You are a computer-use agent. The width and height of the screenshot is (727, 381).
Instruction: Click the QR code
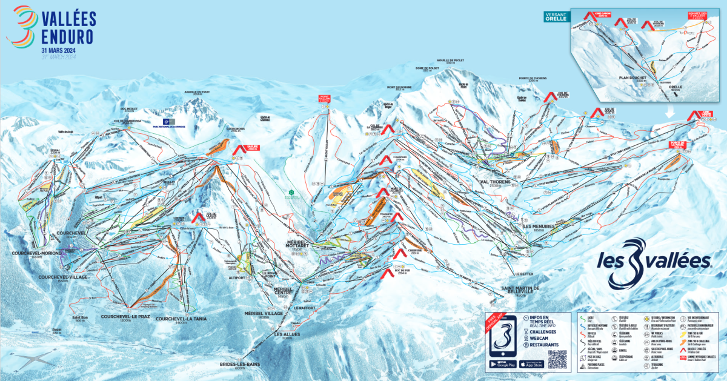pos(557,359)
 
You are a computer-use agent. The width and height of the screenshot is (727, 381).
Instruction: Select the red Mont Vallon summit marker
pos(325,98)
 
